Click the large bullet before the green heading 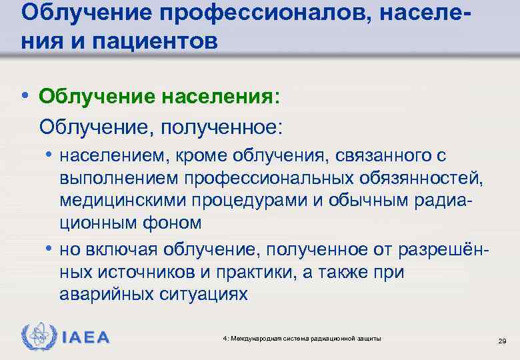(25, 95)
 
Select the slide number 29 (503, 341)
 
